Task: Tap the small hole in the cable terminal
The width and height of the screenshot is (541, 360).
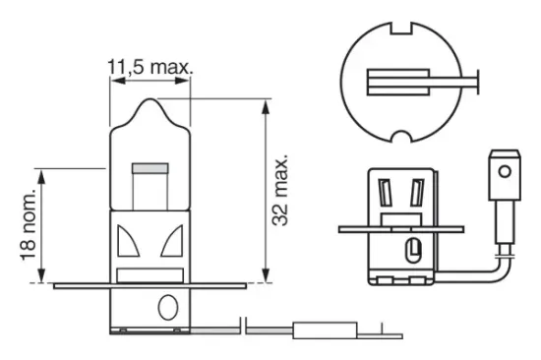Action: point(505,172)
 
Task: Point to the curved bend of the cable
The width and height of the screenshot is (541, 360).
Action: point(498,266)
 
